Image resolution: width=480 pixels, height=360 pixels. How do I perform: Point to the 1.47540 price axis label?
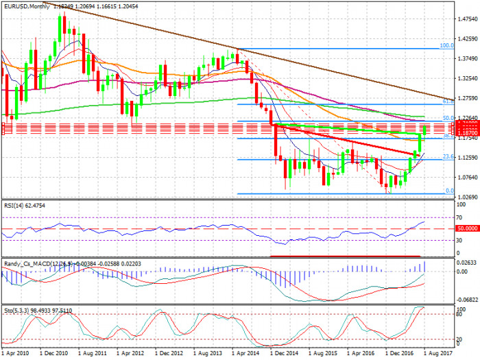click(468, 19)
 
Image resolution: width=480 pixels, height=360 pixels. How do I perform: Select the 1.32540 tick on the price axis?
click(468, 78)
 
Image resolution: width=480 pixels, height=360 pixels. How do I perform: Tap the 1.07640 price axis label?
click(468, 177)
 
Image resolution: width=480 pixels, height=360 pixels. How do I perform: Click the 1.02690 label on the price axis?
click(468, 197)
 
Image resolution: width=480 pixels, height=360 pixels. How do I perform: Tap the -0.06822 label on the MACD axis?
click(468, 300)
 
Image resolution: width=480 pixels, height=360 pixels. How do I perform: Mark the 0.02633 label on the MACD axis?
click(468, 262)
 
